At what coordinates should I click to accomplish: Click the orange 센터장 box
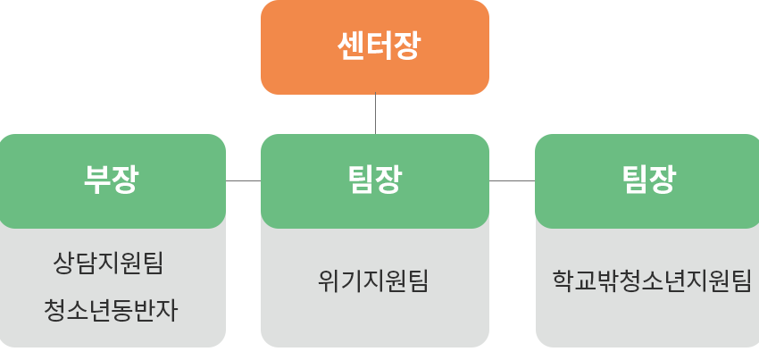pos(375,46)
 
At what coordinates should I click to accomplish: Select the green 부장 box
pos(112,180)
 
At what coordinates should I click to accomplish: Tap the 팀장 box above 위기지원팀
pos(375,180)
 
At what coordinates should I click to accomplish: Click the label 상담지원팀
pos(109,264)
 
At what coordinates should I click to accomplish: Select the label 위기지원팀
pos(373,281)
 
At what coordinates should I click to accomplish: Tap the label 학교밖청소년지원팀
pos(652,281)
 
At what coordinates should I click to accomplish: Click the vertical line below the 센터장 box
pos(375,113)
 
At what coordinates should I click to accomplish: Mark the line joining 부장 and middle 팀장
pos(243,180)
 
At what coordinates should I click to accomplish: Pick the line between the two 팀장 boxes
pos(512,180)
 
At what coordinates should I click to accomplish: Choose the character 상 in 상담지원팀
pos(64,264)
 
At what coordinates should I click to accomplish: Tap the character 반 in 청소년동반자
pos(144,311)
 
